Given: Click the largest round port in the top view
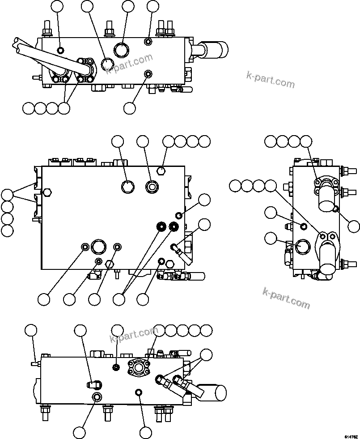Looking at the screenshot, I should [x=121, y=50].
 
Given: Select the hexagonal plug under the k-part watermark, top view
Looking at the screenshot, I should [x=106, y=65].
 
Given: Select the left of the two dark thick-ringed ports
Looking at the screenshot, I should [x=161, y=227].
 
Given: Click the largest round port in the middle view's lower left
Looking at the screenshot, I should [x=98, y=246].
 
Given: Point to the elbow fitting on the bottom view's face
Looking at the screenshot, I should [x=93, y=384].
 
